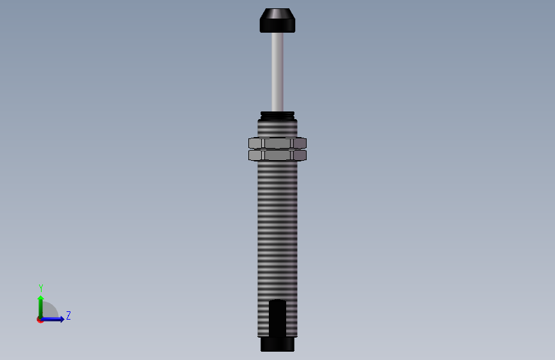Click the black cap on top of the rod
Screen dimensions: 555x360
coord(278,20)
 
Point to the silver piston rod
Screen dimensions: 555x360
coord(278,72)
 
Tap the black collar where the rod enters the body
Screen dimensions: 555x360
coord(278,116)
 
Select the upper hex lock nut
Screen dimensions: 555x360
coord(278,143)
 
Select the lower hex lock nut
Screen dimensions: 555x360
coord(278,155)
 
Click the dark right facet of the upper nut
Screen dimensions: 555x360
coord(300,143)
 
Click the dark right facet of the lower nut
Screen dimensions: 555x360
coord(300,155)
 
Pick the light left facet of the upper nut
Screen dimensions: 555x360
coord(255,143)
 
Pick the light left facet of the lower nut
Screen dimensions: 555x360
coord(255,155)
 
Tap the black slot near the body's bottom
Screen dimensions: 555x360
coord(278,318)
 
